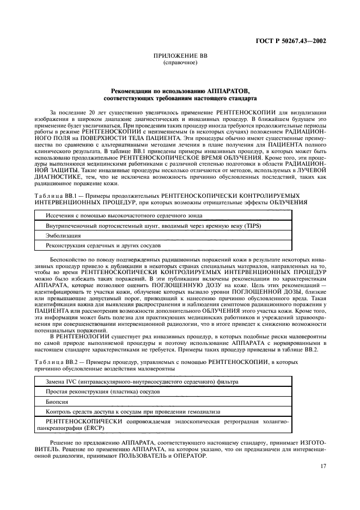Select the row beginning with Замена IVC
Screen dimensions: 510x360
[142, 381]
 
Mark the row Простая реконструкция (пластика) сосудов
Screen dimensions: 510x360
[99, 391]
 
